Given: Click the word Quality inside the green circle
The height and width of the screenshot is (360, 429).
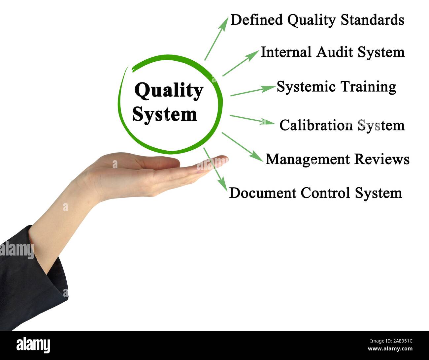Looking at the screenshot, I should (168, 91).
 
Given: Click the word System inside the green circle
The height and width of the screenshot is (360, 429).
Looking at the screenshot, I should (164, 114).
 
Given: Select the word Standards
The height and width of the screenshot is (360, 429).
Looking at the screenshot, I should (372, 20).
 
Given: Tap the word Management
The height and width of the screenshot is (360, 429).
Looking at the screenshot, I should (308, 159).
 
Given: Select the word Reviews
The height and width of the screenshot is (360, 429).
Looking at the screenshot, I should (382, 159).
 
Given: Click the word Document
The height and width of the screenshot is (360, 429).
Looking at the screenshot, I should (262, 193).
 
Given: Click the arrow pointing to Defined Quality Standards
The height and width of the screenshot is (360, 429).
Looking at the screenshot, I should (216, 39).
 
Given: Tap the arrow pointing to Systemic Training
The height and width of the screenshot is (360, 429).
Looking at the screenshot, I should (252, 91).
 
